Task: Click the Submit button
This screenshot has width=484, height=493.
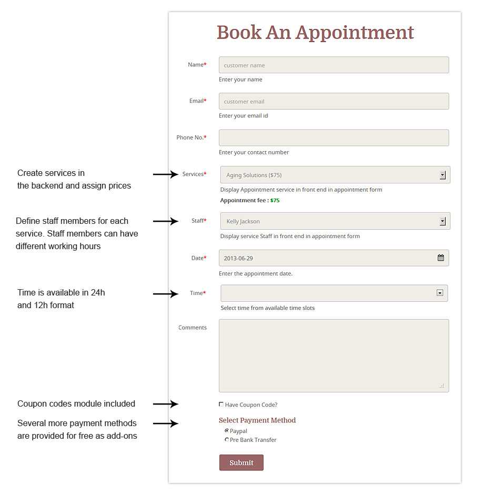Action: click(x=241, y=462)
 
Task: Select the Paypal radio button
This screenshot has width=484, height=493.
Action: click(x=227, y=430)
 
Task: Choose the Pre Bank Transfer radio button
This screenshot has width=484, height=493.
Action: click(x=227, y=439)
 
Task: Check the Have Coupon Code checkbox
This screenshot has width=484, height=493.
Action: click(x=221, y=404)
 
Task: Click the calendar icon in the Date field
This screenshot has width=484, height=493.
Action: click(x=441, y=258)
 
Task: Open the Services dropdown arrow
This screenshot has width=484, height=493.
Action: click(x=442, y=175)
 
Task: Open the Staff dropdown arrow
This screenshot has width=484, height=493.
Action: click(x=442, y=221)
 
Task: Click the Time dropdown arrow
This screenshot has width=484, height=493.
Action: click(x=440, y=293)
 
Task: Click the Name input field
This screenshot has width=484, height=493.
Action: click(x=334, y=65)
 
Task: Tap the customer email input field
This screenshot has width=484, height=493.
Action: click(x=334, y=101)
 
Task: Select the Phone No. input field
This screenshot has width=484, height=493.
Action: click(x=334, y=137)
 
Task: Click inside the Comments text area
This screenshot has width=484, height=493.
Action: click(x=334, y=356)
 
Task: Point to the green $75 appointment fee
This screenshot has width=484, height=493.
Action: click(x=275, y=200)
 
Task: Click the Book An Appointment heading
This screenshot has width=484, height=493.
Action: click(x=315, y=32)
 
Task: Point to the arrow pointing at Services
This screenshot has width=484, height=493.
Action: click(x=166, y=174)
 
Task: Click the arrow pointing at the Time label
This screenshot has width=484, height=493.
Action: click(x=166, y=293)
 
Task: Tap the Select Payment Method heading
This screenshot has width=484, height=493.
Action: click(x=257, y=420)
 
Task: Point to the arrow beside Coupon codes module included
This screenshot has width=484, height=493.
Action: click(x=166, y=404)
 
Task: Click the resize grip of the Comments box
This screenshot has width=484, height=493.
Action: click(x=442, y=386)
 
